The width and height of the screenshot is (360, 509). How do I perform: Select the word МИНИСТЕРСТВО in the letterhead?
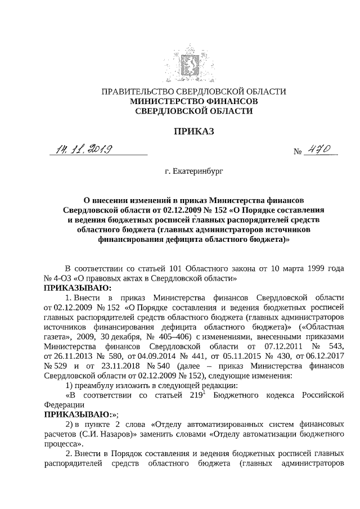coord(163,101)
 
